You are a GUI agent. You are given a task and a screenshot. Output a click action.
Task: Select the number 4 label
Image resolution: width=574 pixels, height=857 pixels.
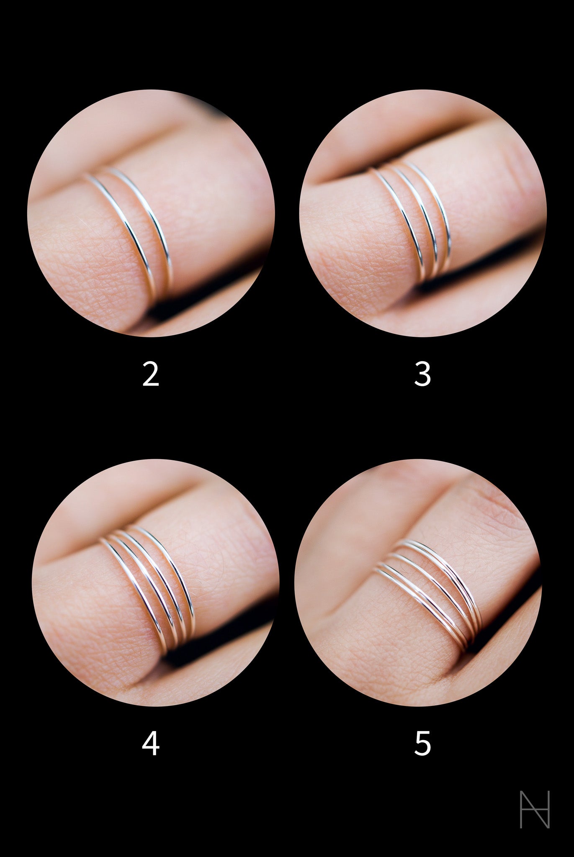[x=151, y=744]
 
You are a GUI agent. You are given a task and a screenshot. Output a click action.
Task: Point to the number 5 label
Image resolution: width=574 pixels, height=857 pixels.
[x=422, y=744]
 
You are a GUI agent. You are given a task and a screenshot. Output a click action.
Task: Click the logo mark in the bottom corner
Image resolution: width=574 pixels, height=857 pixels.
[x=534, y=808]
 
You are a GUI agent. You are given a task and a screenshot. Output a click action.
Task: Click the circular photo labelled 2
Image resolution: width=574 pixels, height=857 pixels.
[x=151, y=213]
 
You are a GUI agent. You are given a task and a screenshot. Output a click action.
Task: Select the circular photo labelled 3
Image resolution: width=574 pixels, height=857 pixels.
[x=423, y=213]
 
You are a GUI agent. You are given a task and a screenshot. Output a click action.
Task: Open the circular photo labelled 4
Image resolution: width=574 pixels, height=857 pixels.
[x=155, y=583]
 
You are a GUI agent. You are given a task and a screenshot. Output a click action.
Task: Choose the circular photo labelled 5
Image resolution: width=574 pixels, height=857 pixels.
[x=418, y=583]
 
